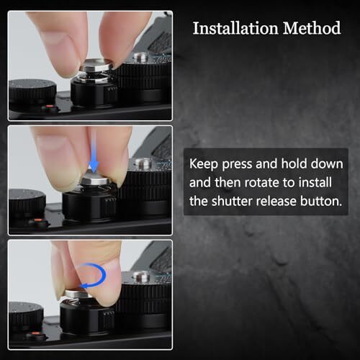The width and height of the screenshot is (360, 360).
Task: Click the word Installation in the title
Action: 235,28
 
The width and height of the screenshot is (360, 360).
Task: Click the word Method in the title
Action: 312,28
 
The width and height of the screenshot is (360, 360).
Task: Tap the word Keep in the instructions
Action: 204,164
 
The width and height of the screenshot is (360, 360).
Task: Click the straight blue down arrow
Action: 94,156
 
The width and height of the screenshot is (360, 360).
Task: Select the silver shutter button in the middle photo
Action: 98,181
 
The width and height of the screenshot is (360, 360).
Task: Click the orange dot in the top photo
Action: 50,106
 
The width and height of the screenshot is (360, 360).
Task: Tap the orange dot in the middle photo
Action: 38,220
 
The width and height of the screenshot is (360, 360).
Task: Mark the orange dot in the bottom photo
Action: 35,334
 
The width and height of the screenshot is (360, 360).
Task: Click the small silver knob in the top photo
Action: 141,58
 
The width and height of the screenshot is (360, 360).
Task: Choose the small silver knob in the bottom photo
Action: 140,276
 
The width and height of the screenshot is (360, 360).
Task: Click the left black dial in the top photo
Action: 32,92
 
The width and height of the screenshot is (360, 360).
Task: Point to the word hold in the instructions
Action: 294,164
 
